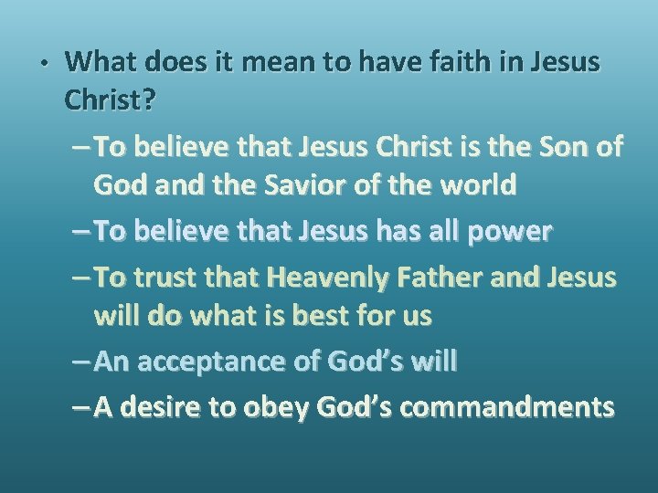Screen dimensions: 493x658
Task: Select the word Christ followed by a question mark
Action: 110,102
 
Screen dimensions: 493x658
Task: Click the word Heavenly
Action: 318,277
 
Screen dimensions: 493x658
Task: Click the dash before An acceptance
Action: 80,362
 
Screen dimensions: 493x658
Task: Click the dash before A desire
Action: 80,407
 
